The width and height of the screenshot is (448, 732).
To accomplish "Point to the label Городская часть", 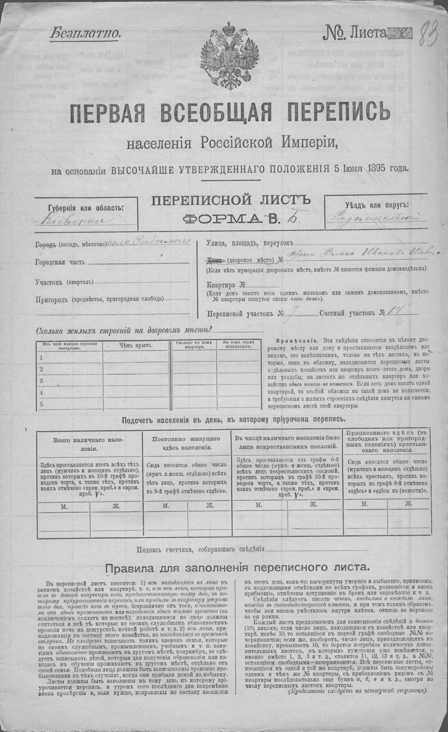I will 60,262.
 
